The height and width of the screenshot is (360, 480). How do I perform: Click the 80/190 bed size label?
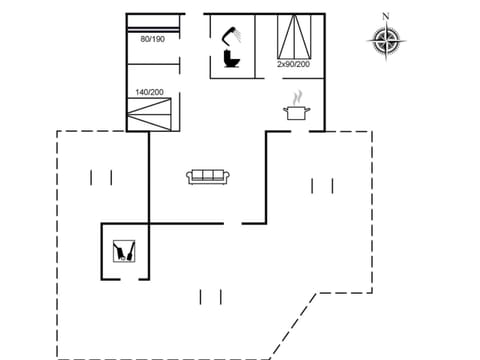coord(153,39)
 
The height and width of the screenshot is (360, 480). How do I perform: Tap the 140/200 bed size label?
coord(150,92)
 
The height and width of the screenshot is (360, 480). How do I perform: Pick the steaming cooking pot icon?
coord(297,112)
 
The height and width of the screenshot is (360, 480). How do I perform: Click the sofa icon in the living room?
coord(208,177)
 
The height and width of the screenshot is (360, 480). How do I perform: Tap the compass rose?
coord(386,41)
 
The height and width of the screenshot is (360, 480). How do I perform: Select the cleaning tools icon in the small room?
coord(125,249)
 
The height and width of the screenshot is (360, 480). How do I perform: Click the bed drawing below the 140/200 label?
coord(153,113)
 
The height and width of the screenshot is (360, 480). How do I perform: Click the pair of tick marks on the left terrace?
coord(101,177)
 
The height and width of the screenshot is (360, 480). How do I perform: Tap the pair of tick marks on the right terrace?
coord(322,185)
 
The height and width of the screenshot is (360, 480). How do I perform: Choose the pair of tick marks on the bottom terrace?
coord(210,296)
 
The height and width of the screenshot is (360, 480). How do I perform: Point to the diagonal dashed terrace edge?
coord(294,325)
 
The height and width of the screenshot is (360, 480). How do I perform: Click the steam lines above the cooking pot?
coord(297,98)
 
